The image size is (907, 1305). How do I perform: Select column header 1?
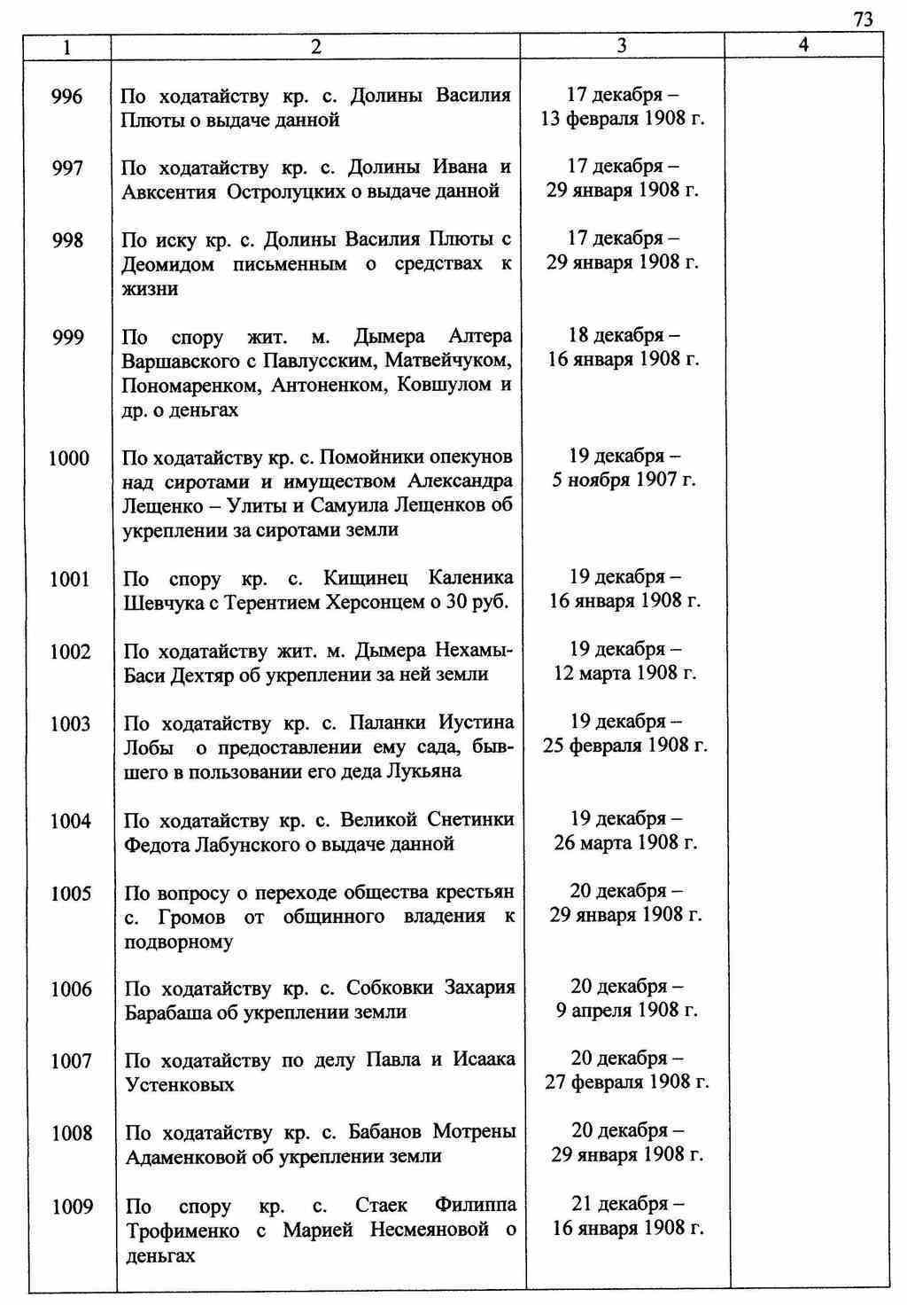click(x=67, y=45)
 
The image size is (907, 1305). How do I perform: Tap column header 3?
click(x=622, y=45)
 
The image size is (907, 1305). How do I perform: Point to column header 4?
click(x=803, y=44)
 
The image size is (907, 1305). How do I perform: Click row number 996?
click(x=67, y=96)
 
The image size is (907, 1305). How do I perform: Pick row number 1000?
click(x=68, y=457)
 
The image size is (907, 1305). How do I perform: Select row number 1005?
click(x=71, y=894)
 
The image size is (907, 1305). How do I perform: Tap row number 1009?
click(x=72, y=1207)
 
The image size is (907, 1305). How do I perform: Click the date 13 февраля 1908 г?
click(x=623, y=118)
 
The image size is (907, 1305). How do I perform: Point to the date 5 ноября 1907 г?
click(x=624, y=480)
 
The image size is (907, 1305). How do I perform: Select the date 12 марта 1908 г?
click(x=625, y=673)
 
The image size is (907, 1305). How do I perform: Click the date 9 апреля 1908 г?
click(x=627, y=1010)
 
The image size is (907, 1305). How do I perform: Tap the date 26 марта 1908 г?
click(x=626, y=842)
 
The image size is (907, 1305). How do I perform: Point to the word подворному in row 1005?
click(x=179, y=942)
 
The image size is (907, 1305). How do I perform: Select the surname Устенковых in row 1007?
click(x=180, y=1085)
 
